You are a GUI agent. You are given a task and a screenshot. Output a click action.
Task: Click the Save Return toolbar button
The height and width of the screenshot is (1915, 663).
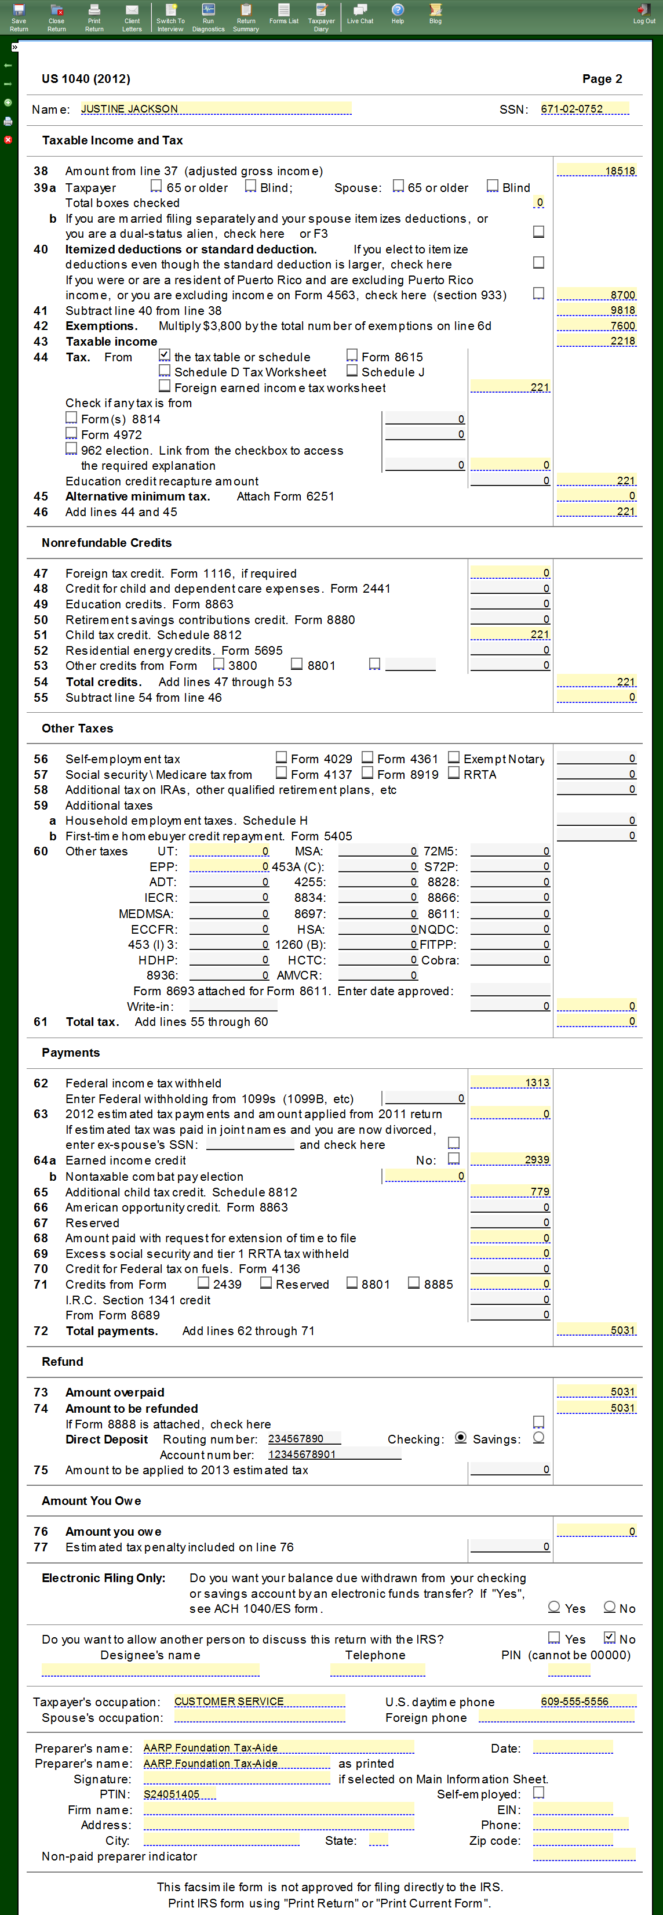[19, 17]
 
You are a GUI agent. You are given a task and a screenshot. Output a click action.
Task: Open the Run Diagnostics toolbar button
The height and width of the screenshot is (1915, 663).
[208, 17]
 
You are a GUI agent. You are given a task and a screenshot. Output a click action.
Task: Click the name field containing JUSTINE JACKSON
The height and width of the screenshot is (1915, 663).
[216, 109]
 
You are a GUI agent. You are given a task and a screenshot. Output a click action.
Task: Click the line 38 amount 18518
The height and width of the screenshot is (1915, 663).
[597, 171]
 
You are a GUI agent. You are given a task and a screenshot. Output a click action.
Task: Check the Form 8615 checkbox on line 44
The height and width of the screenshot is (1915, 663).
[352, 356]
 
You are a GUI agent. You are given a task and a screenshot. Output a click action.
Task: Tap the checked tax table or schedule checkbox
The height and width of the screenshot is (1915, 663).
[165, 356]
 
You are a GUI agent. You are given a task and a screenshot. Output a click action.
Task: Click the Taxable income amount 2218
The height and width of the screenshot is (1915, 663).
[597, 341]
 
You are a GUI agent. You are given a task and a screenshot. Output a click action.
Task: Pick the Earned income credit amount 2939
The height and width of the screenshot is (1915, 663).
[511, 1160]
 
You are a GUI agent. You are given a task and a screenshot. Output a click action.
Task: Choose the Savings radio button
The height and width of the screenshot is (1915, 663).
[539, 1438]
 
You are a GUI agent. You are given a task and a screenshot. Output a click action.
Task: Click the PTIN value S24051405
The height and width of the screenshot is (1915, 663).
[179, 1794]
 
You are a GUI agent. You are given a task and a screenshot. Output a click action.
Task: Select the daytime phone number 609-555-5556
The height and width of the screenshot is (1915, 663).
[588, 1702]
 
